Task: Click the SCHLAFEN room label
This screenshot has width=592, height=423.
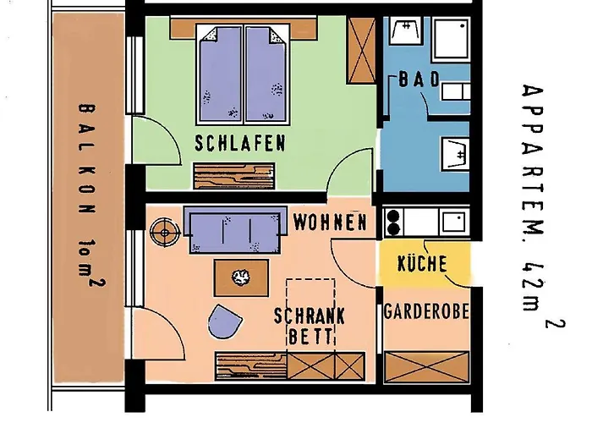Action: (240, 144)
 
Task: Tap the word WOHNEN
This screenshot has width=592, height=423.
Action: (331, 222)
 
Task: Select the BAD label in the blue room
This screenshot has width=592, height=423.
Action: (419, 80)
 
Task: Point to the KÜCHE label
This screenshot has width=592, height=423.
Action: (422, 263)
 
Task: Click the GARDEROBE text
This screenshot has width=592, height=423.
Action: (426, 312)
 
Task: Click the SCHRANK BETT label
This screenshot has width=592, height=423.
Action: (310, 326)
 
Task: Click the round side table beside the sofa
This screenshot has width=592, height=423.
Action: (165, 233)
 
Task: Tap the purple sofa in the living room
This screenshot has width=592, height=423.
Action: (235, 229)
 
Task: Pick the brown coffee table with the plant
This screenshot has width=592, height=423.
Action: (241, 277)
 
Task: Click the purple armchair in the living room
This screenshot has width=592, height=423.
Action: (224, 322)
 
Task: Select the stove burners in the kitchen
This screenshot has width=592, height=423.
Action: (393, 222)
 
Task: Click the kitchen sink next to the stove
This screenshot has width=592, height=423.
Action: (453, 222)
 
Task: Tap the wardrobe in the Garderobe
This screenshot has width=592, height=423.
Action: (426, 366)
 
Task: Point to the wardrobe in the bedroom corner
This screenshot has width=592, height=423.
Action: (361, 50)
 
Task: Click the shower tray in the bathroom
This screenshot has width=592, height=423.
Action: (451, 39)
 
